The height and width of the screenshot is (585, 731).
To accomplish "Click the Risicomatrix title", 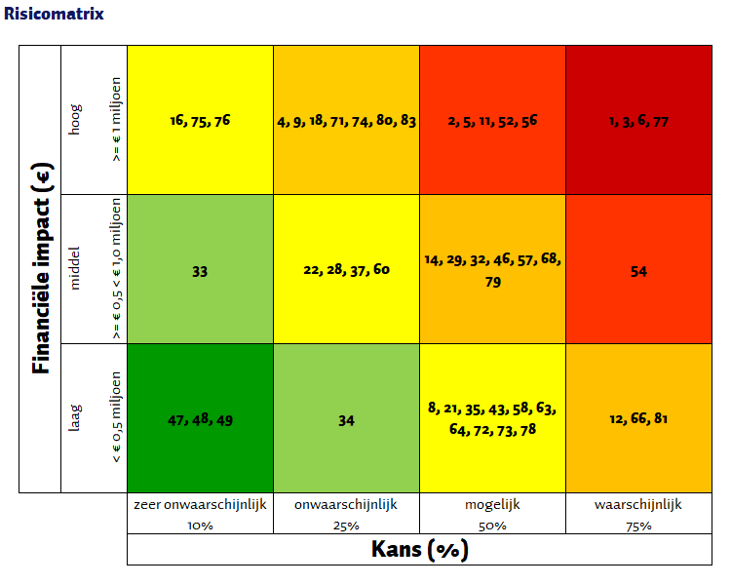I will tap(54, 15).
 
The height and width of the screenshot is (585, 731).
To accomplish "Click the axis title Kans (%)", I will tap(419, 550).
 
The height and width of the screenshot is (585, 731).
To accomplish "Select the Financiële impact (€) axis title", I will tap(40, 268).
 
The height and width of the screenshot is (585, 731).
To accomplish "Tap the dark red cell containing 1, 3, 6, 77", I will tap(638, 121).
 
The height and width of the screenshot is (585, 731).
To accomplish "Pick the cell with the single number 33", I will tap(200, 271).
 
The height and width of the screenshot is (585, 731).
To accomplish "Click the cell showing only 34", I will tap(346, 420).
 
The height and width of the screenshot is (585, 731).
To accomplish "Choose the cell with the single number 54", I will tap(638, 271).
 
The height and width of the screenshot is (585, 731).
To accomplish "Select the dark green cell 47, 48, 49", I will tap(200, 420).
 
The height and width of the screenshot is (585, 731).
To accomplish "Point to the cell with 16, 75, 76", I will tap(200, 121).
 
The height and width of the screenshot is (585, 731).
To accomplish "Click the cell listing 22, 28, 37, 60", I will tap(346, 269).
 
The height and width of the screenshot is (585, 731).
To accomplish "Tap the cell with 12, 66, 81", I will tap(638, 419).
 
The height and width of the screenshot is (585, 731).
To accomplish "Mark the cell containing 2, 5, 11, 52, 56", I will tap(492, 121).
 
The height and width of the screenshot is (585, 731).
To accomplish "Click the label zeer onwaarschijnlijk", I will tap(200, 505).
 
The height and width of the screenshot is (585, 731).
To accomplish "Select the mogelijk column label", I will tap(492, 505).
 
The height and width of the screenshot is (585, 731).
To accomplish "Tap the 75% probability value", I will tap(638, 526).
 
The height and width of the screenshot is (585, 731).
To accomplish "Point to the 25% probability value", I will tap(346, 526).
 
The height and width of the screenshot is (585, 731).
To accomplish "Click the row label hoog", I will tap(76, 120).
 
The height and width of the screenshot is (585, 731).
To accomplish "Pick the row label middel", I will tap(76, 269).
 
